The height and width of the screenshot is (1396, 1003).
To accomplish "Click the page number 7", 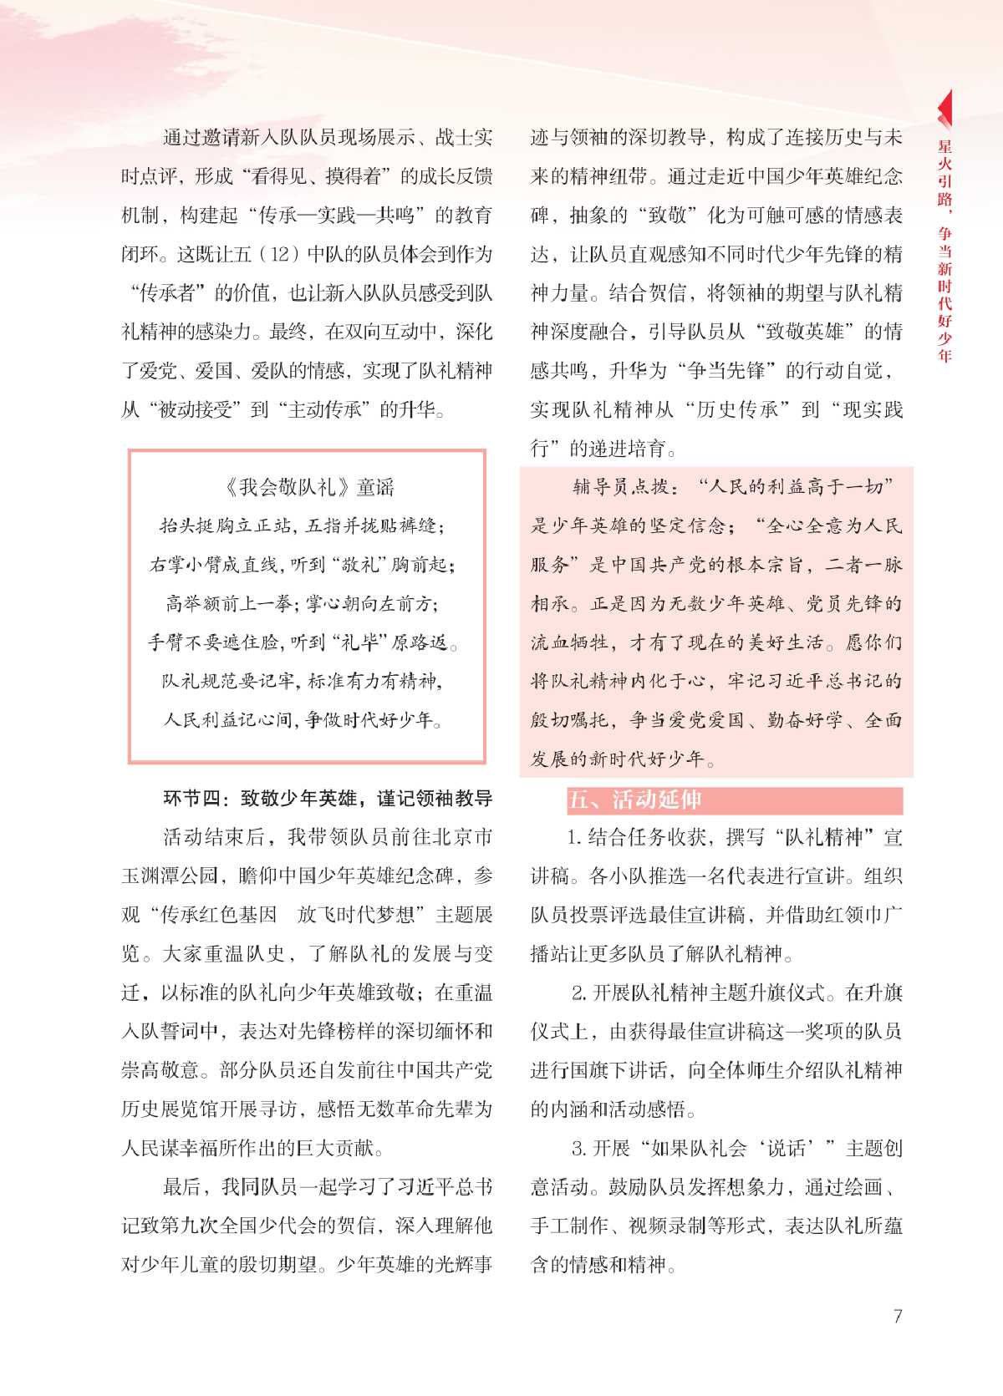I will tap(898, 1317).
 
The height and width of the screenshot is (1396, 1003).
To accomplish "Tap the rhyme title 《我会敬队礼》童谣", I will tap(308, 487).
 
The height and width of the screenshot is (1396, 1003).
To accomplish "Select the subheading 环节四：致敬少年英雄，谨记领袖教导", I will tap(328, 799).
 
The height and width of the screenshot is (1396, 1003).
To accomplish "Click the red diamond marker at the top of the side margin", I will tap(945, 108).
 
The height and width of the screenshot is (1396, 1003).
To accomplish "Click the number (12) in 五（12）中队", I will tap(280, 254).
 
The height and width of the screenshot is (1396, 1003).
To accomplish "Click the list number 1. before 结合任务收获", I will tap(574, 837).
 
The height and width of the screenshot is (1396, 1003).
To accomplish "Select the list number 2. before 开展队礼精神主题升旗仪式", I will tap(579, 992).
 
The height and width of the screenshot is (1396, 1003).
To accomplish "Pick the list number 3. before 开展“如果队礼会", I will tap(579, 1148).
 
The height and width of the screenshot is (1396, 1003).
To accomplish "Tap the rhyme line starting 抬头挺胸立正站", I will tap(302, 525).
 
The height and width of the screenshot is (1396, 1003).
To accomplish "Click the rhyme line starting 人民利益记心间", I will tap(303, 719).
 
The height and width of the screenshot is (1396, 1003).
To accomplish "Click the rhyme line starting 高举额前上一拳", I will tap(302, 603).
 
